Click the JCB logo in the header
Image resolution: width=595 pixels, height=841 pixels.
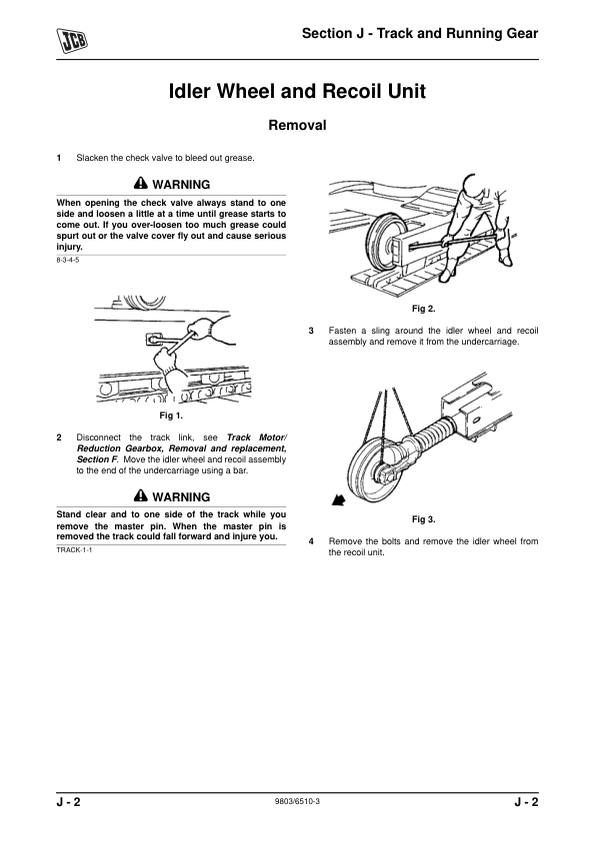[x=72, y=40]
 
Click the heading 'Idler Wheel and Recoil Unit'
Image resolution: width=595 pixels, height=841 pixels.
[x=297, y=91]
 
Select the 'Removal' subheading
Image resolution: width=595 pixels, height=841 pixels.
[x=297, y=125]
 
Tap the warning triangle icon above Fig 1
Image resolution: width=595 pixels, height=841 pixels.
[x=140, y=183]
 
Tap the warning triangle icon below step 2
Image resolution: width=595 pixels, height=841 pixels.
[x=140, y=495]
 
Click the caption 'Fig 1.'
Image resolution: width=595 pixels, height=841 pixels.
[x=171, y=416]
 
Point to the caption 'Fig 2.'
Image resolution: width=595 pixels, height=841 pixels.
[x=423, y=309]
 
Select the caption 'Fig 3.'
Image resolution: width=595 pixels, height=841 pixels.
[x=423, y=519]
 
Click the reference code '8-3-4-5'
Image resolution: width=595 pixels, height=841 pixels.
[x=68, y=261]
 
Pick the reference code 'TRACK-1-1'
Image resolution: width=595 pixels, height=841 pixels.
[x=74, y=550]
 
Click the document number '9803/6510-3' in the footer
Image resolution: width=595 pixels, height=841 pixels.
[x=297, y=801]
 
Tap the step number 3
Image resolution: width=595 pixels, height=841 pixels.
[x=311, y=331]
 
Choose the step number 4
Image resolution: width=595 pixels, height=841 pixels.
[x=311, y=541]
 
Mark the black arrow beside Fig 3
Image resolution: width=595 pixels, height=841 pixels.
[x=338, y=500]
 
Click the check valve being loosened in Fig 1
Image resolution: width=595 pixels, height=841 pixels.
[x=154, y=340]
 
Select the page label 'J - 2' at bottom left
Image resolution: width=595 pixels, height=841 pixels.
[x=69, y=802]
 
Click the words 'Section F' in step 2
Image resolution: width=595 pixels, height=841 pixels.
[x=97, y=459]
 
